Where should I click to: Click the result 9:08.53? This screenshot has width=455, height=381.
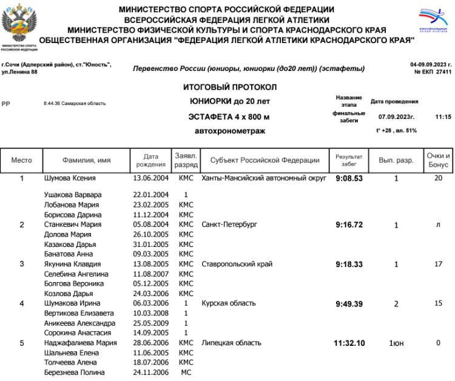(349, 179)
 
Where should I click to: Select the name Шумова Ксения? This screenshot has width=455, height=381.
(70, 179)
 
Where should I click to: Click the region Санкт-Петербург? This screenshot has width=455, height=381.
(229, 224)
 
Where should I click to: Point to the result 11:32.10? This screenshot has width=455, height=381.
(349, 343)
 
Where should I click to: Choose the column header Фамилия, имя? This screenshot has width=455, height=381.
(86, 161)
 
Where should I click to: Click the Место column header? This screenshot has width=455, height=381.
(22, 161)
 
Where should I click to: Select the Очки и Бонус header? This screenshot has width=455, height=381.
(438, 161)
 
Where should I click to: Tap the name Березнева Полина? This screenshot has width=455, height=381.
(75, 372)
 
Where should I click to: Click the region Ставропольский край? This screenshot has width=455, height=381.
(237, 264)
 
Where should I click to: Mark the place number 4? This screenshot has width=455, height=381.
(22, 303)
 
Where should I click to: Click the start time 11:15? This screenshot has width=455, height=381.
(443, 116)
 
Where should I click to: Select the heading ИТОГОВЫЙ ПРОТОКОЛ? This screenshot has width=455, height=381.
(229, 87)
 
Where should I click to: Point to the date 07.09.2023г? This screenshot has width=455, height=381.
(396, 116)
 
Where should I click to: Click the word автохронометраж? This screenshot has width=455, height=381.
(229, 130)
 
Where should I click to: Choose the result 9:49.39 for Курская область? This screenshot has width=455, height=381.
(349, 303)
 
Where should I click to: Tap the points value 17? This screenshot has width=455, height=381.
(438, 264)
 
